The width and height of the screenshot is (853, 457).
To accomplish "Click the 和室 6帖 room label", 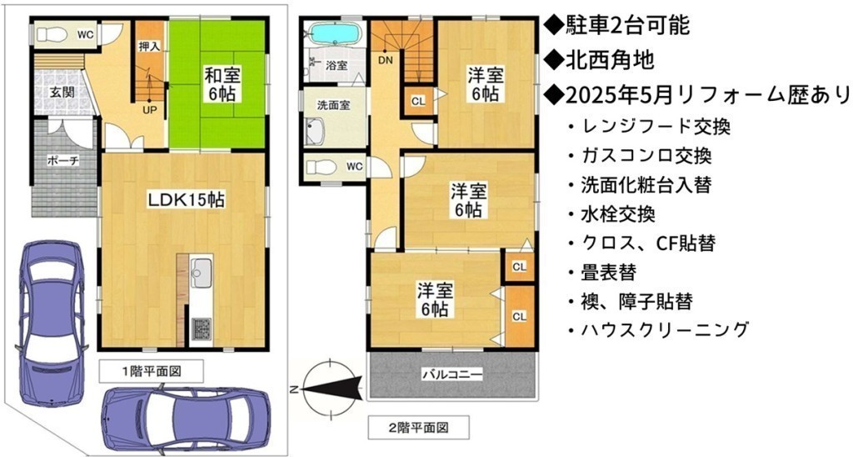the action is (222, 84).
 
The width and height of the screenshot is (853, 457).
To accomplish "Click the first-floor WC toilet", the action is (52, 35).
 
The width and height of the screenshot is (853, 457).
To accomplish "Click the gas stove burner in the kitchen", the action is (202, 329).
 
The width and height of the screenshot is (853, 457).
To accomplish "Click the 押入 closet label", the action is (149, 47).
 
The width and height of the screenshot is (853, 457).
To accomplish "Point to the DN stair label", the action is (386, 61).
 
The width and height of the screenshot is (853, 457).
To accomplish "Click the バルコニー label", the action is (452, 374).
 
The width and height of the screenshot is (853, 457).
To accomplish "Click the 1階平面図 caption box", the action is (152, 371).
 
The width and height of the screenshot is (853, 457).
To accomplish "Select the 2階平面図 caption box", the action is (419, 428).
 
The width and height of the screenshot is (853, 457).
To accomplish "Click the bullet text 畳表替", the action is (608, 272).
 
